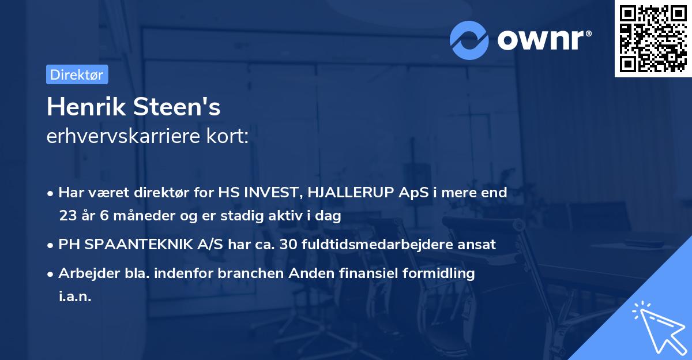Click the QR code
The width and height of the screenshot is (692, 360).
pyautogui.click(x=653, y=39)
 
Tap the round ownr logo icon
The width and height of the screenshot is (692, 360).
pyautogui.click(x=469, y=40)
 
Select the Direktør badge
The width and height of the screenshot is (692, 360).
pyautogui.click(x=76, y=74)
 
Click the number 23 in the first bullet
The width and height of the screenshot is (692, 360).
pyautogui.click(x=67, y=216)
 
